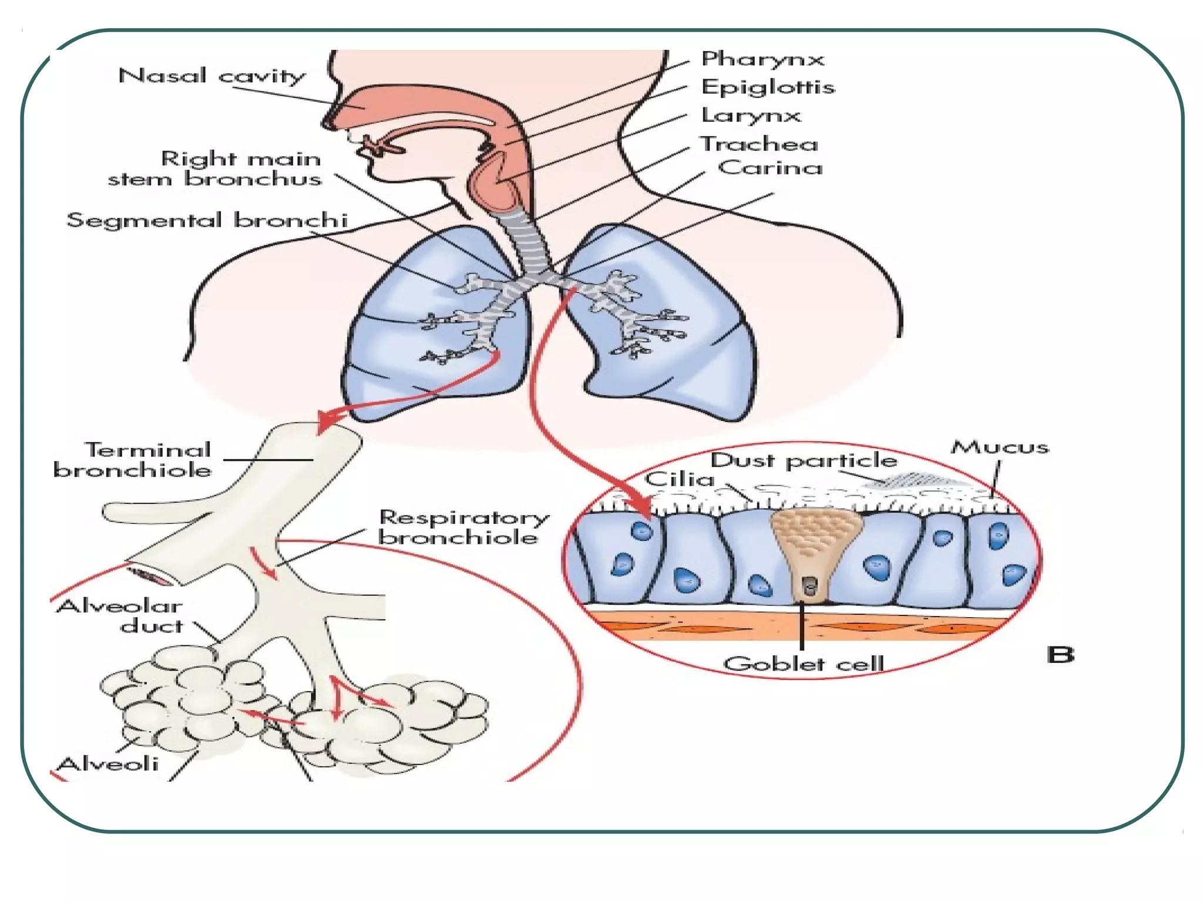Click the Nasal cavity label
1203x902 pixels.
click(211, 76)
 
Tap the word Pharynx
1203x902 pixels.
click(762, 59)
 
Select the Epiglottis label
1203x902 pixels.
click(767, 87)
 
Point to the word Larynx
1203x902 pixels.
click(751, 115)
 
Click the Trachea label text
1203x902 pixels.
click(759, 144)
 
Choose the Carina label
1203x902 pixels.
click(769, 168)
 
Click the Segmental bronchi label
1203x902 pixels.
click(207, 220)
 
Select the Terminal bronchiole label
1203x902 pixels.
click(133, 460)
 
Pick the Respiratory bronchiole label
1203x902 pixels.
click(463, 527)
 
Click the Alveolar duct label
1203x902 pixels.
click(120, 615)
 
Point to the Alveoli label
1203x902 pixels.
click(108, 763)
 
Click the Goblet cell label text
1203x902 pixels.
click(803, 664)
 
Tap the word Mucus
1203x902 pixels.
click(1000, 447)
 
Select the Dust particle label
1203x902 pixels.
click(804, 460)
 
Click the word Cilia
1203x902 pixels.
click(679, 479)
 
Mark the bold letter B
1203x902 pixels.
click(1060, 654)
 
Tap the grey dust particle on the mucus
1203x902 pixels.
click(916, 480)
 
